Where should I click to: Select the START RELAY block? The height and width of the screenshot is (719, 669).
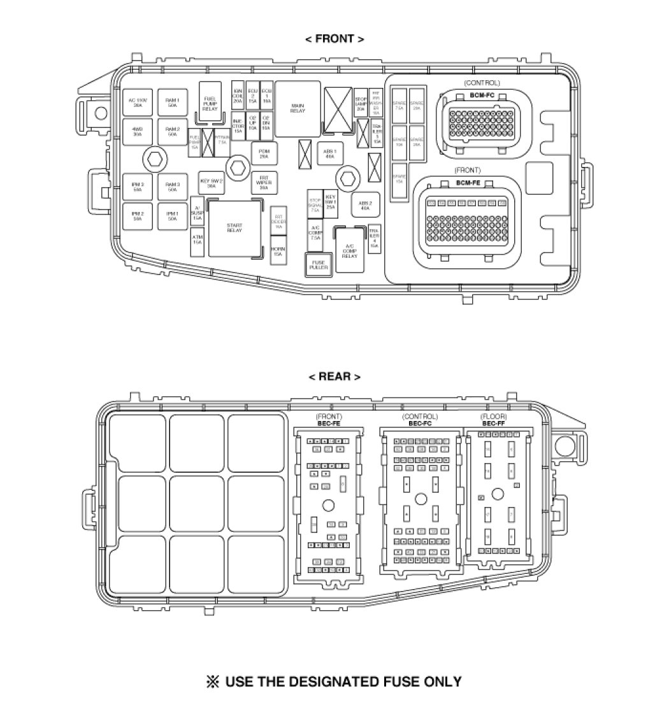[234, 227]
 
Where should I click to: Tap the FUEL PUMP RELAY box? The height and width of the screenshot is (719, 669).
[210, 103]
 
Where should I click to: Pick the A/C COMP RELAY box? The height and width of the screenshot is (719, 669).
[349, 250]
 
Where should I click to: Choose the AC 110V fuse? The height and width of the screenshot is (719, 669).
[138, 103]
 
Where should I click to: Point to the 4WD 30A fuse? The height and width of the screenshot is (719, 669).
[138, 132]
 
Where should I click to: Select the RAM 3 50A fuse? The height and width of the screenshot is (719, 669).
[173, 187]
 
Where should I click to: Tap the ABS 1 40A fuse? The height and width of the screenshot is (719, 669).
[331, 153]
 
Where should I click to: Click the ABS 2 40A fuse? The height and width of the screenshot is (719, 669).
[365, 205]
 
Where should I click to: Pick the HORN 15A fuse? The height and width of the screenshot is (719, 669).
[278, 251]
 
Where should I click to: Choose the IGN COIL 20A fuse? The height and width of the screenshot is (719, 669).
[238, 96]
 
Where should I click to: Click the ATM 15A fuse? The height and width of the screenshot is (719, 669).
[198, 240]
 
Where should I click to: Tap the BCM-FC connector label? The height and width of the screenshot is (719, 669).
[482, 95]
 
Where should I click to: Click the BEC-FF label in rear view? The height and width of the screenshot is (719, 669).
[494, 424]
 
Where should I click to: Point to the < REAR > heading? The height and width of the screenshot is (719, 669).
[334, 376]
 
